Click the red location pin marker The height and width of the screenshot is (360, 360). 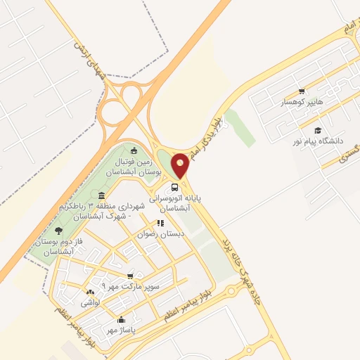(x=181, y=165)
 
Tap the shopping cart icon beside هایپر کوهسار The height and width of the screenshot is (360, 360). (x=302, y=91)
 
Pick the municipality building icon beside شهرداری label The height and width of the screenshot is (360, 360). (x=102, y=195)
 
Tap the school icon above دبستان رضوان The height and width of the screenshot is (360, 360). (x=160, y=222)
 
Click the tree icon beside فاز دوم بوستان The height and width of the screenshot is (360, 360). (x=58, y=231)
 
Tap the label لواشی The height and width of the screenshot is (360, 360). (x=90, y=302)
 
